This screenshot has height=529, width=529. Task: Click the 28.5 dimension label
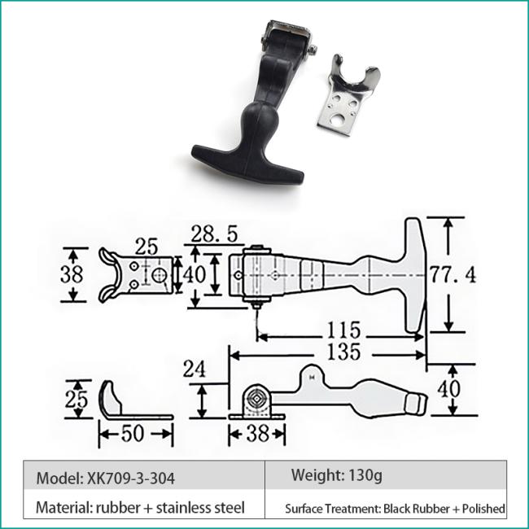pos(214,234)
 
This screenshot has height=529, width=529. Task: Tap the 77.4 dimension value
pos(452,274)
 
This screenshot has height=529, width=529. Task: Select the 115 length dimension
pos(343,330)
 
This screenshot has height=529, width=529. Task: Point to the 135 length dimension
pos(343,352)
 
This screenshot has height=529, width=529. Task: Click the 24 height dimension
pos(194,369)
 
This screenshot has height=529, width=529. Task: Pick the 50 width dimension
pos(133,434)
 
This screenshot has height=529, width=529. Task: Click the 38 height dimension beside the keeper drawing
pos(72,274)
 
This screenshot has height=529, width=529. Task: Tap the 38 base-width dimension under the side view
pos(258,434)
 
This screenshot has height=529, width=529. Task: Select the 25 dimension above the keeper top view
pos(146,247)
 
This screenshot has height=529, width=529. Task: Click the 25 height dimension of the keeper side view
pos(77,400)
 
